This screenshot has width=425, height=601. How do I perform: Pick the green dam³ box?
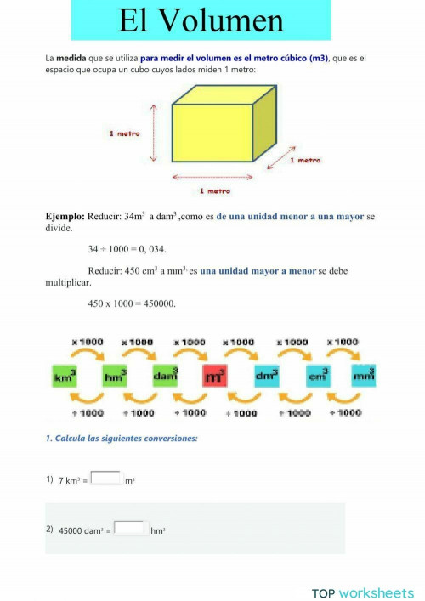coord(165,374)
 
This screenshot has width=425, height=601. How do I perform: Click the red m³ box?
coord(215,374)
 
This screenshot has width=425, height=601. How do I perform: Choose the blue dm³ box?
coord(266,374)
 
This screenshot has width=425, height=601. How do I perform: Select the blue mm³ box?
coord(363,374)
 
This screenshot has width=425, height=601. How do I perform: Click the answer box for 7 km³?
coord(106,479)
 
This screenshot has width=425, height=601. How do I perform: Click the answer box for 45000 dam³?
coord(131,529)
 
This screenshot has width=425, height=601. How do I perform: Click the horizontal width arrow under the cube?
coord(213,177)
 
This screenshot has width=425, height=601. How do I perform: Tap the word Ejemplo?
coord(65,217)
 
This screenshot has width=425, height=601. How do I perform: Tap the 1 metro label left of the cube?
coord(124,133)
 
